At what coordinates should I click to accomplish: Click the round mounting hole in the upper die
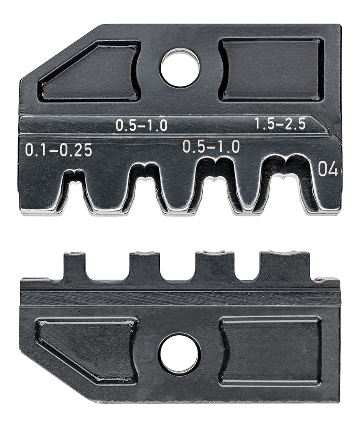pyautogui.click(x=180, y=68)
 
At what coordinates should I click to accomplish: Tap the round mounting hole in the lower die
pyautogui.click(x=180, y=354)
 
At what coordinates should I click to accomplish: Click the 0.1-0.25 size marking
pyautogui.click(x=59, y=151)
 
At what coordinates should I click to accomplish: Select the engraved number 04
pyautogui.click(x=327, y=169)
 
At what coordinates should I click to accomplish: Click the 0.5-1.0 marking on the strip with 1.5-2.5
pyautogui.click(x=141, y=126)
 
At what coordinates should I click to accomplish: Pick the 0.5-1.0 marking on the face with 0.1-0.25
pyautogui.click(x=211, y=147)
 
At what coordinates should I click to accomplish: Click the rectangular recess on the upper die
pyautogui.click(x=271, y=70)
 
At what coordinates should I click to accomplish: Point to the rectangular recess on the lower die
pyautogui.click(x=270, y=351)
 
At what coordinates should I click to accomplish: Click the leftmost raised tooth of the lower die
pyautogui.click(x=74, y=266)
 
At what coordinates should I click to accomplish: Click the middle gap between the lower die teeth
pyautogui.click(x=179, y=268)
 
